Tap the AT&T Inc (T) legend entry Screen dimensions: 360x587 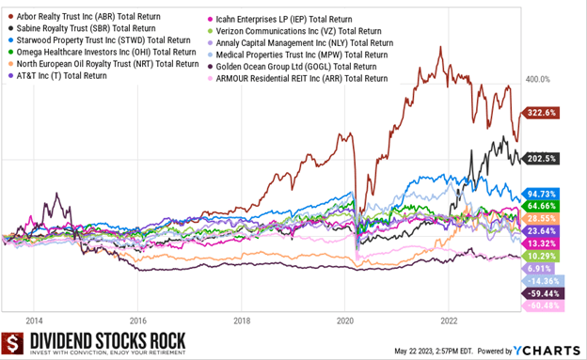click(62, 75)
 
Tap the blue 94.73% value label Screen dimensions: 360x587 click(537, 194)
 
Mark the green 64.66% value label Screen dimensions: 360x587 click(537, 205)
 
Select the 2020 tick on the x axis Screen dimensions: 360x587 click(344, 320)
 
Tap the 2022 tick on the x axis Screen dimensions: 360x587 click(448, 320)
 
